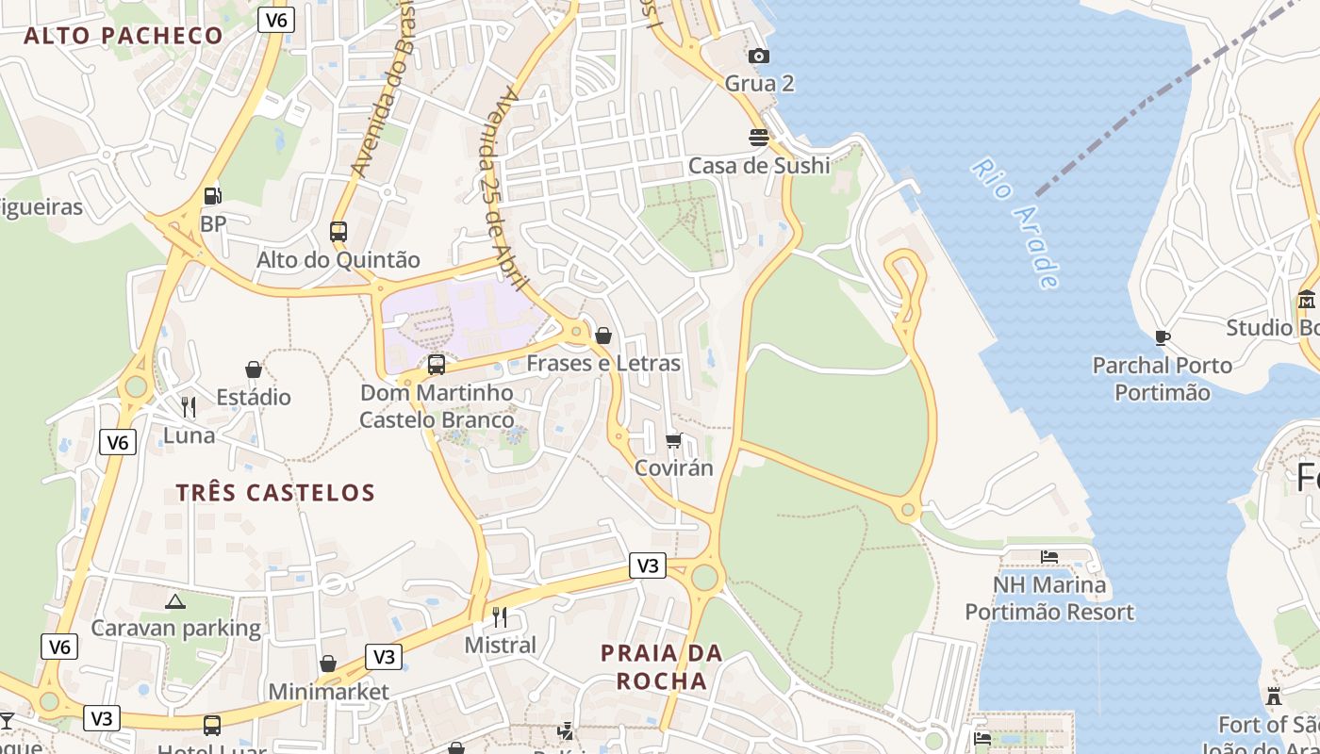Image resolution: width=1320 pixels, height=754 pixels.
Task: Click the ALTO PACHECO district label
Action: [x=124, y=36]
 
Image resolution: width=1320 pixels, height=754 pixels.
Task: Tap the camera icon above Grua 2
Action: [x=759, y=57]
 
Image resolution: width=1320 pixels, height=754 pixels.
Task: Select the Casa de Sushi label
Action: [x=759, y=166]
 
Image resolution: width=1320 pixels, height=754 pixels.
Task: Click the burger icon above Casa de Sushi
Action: [x=759, y=138]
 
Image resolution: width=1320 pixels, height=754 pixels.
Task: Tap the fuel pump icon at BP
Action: [x=213, y=196]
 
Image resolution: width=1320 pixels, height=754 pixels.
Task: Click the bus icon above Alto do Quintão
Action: [x=338, y=231]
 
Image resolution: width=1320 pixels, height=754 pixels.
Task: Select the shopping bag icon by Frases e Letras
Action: [x=603, y=336]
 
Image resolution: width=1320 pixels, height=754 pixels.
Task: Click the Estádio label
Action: [x=254, y=397]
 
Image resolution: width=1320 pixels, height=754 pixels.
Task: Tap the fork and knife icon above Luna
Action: [x=189, y=407]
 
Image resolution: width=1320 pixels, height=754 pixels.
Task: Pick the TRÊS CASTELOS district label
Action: [x=275, y=492]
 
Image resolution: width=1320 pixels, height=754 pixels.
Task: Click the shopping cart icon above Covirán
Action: [x=674, y=440]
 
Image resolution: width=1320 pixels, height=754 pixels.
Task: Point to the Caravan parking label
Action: [x=175, y=628]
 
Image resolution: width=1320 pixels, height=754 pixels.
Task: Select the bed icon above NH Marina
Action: [x=1049, y=557]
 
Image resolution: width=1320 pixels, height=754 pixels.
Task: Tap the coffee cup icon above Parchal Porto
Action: [x=1163, y=337]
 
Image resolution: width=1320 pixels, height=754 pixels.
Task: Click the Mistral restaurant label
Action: [x=501, y=646]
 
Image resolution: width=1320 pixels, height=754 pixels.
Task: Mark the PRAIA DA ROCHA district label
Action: [x=662, y=666]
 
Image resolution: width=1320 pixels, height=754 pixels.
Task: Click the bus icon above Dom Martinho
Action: [x=437, y=364]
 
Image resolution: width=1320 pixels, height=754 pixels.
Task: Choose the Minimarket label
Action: [x=328, y=692]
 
